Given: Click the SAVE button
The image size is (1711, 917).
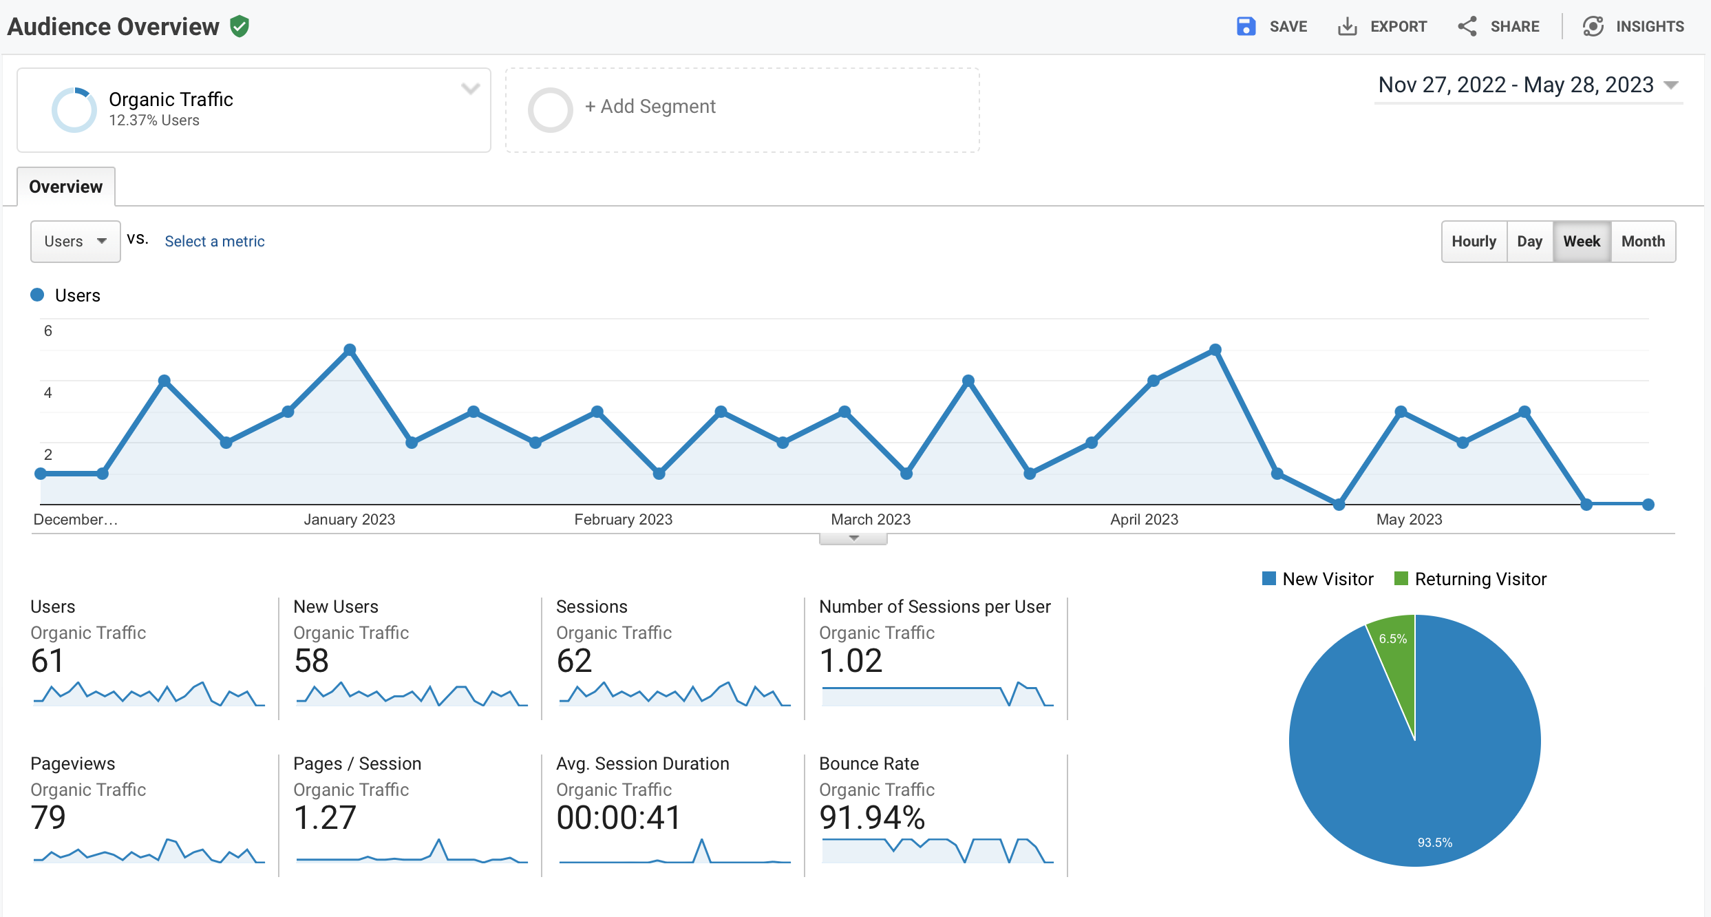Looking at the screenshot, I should coord(1272,27).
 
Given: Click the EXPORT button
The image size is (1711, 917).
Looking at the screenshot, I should coord(1382,27).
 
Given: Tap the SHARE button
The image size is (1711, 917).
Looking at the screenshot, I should coord(1498,27).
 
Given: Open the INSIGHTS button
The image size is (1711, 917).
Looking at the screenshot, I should coord(1633,27).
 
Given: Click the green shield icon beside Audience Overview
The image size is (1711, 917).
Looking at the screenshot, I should coord(240,27).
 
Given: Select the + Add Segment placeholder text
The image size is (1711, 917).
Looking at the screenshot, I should coord(650,107).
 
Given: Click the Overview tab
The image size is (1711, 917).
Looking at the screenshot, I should coord(65,187).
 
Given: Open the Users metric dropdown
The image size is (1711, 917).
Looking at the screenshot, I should coord(75,242).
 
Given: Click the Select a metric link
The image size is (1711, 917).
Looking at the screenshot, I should coord(214,242).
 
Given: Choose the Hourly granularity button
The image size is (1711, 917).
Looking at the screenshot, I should coord(1474,242).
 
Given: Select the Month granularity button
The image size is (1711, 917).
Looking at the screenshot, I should coord(1642,242).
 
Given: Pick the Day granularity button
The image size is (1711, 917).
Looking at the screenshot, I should coord(1529,242).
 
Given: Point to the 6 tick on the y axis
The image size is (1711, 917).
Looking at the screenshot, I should coord(48,331).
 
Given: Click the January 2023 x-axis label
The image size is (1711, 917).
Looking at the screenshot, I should coord(349,520).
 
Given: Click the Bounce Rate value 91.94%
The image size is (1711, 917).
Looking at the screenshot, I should coord(871,818).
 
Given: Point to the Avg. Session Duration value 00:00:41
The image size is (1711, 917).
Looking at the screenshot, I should coord(618,818).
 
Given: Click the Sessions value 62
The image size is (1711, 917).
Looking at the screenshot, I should coord(574,661).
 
